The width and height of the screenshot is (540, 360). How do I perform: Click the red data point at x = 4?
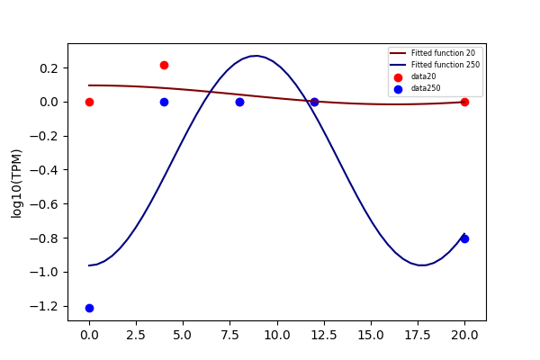(x=165, y=65)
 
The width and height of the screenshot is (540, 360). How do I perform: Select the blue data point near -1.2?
(x=89, y=308)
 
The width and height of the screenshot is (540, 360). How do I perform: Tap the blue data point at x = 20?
(x=464, y=238)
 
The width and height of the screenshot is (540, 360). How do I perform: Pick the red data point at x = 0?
(x=89, y=102)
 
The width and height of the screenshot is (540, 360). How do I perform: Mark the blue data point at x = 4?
(x=165, y=102)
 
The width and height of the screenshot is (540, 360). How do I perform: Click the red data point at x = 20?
(x=464, y=102)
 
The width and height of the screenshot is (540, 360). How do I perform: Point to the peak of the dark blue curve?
(x=256, y=56)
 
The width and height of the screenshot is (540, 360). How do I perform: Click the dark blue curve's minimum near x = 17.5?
(x=421, y=265)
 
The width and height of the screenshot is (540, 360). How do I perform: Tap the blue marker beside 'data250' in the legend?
(x=398, y=89)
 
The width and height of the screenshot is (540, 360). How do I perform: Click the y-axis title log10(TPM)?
(x=16, y=184)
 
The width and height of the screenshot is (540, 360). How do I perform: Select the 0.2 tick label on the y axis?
(x=49, y=68)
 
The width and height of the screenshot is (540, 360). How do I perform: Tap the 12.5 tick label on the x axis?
(x=324, y=335)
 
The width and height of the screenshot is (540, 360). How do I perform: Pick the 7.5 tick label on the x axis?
(x=230, y=335)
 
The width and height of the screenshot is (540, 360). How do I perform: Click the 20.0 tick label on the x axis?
(x=464, y=335)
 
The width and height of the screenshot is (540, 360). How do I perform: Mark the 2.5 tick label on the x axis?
(x=136, y=335)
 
